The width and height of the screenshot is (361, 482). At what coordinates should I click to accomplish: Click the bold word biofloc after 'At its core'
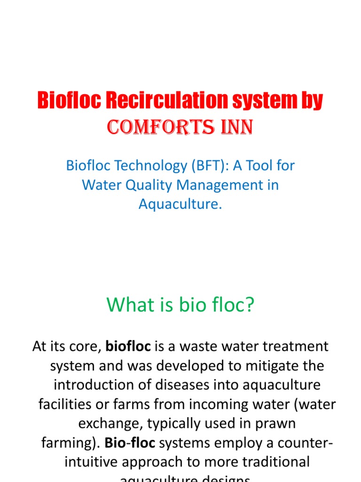click(128, 347)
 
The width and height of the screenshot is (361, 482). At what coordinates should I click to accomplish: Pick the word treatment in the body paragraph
click(289, 347)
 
